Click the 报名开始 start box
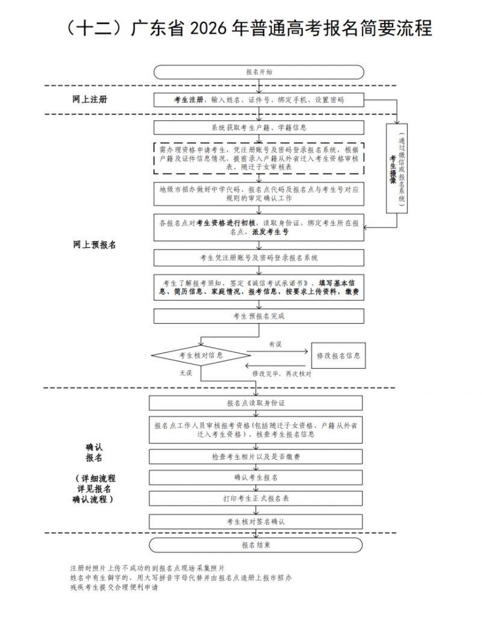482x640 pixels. (259, 72)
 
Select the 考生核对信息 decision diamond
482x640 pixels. (201, 356)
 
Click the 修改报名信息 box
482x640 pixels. (338, 356)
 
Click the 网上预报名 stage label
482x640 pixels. (95, 245)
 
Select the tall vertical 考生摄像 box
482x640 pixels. (397, 168)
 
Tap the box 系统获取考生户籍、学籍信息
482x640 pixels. (259, 128)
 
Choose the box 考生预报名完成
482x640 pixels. (259, 316)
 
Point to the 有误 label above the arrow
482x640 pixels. (275, 344)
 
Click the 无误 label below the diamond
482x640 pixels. (185, 374)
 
